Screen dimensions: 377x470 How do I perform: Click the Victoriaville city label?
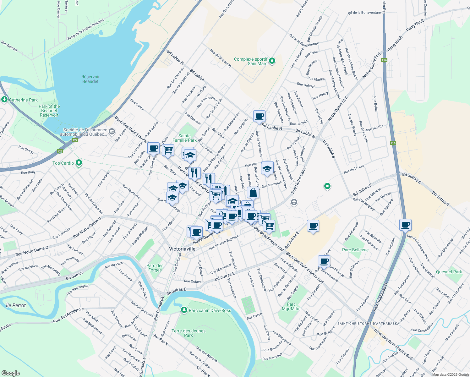coord(182,249)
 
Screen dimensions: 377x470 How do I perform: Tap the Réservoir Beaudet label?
coord(90,79)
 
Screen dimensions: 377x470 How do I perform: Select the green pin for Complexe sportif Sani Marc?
coord(272,61)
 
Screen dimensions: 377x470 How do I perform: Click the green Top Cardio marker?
coord(79,163)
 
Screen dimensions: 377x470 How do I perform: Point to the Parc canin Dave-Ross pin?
coord(184,310)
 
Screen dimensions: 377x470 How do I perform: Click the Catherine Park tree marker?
coord(4,100)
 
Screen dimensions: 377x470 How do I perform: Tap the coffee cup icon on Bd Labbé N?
coord(260,116)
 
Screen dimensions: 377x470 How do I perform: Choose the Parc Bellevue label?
coord(355,250)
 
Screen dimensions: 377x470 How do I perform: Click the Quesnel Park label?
coord(449,272)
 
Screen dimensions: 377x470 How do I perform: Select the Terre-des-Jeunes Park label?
coord(189,333)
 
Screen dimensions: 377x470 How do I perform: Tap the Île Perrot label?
coord(16,305)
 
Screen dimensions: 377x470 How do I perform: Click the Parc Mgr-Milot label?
coord(291,306)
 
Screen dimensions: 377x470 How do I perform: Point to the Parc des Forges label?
coord(155,268)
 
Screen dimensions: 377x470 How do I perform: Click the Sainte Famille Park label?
coord(184,138)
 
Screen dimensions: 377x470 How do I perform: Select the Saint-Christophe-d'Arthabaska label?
coord(368,323)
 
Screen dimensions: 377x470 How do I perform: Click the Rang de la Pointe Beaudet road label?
coord(86,29)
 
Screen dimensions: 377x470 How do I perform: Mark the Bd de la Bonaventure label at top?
coord(364,13)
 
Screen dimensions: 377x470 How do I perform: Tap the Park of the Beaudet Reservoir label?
coord(49,111)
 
